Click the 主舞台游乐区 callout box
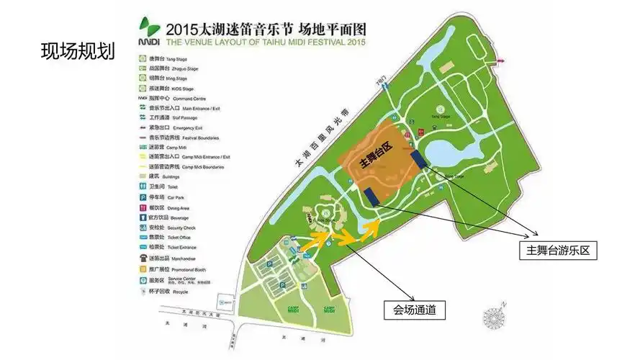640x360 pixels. [558, 250]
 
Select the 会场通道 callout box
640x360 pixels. [415, 310]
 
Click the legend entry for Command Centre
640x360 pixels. [170, 98]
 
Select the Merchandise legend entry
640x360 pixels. [170, 258]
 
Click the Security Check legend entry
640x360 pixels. [169, 227]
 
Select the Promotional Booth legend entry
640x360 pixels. [173, 269]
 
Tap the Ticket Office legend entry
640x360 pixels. [169, 237]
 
